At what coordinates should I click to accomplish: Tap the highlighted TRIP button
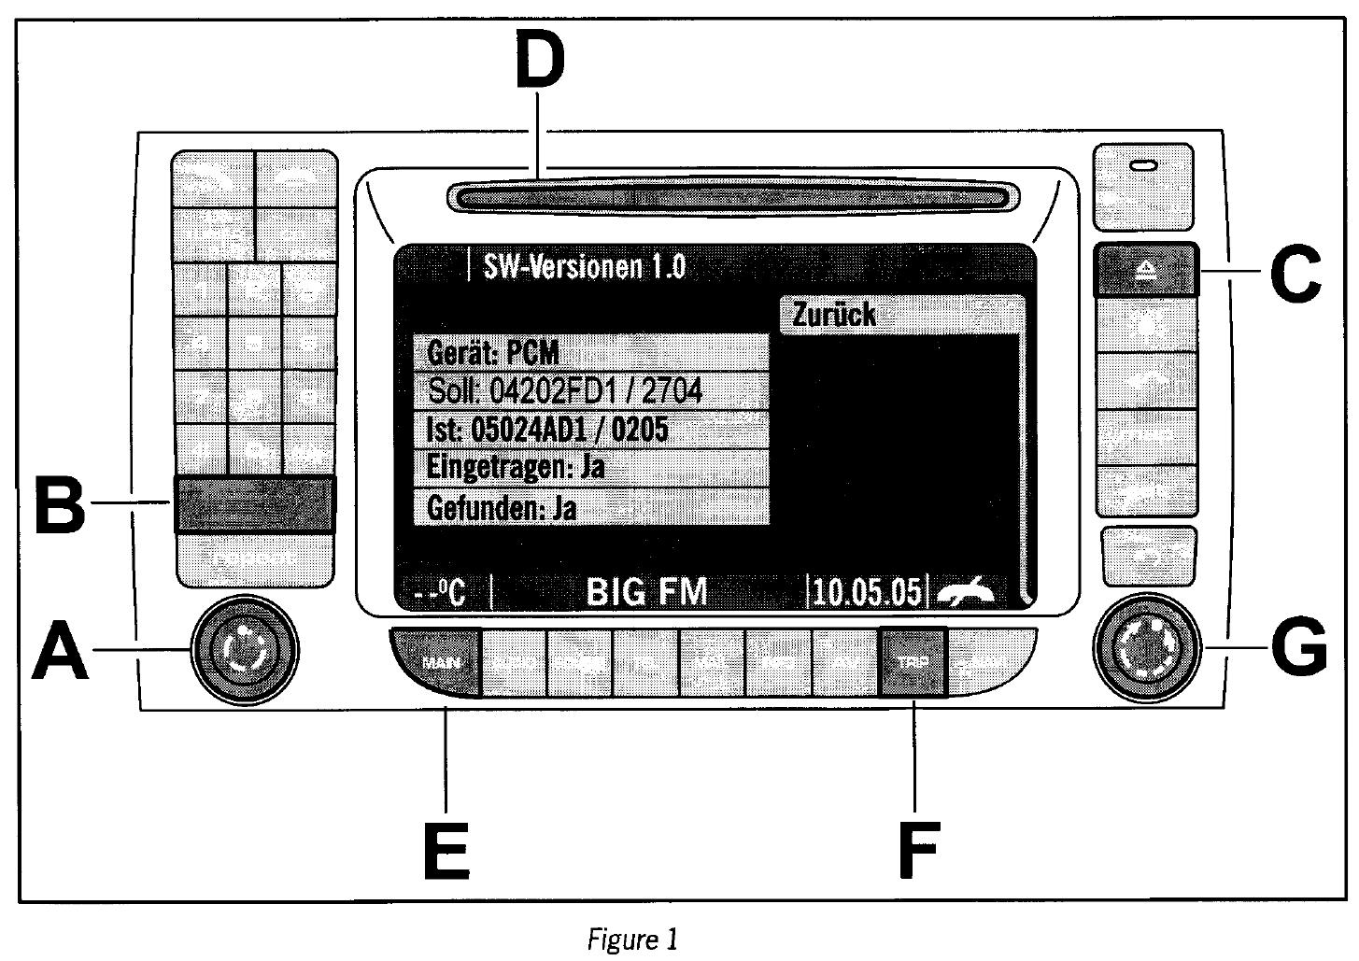pyautogui.click(x=913, y=662)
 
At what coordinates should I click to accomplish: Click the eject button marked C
pyautogui.click(x=1145, y=270)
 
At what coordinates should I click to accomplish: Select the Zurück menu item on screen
pyautogui.click(x=900, y=315)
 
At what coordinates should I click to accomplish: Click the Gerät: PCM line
pyautogui.click(x=590, y=352)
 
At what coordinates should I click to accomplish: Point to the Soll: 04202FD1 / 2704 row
pyautogui.click(x=590, y=390)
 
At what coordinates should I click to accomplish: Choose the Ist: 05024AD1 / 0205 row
pyautogui.click(x=590, y=430)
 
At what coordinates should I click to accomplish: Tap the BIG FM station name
pyautogui.click(x=646, y=592)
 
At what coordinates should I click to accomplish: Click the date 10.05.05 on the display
pyautogui.click(x=867, y=592)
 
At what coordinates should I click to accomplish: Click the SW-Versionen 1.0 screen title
pyautogui.click(x=585, y=267)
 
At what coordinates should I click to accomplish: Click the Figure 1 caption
pyautogui.click(x=632, y=939)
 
